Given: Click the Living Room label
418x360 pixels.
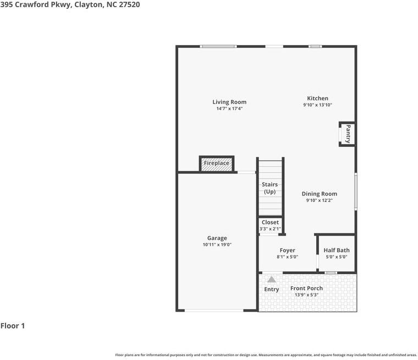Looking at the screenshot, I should pyautogui.click(x=229, y=102).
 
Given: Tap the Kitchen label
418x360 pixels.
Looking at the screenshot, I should pyautogui.click(x=317, y=99).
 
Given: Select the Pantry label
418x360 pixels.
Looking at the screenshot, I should pyautogui.click(x=348, y=134).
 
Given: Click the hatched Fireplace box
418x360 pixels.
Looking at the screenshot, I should pyautogui.click(x=217, y=163).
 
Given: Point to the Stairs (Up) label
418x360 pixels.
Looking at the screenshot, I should pyautogui.click(x=269, y=188).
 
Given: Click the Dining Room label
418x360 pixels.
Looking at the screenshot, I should pyautogui.click(x=319, y=194).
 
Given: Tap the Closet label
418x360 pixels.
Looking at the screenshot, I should pyautogui.click(x=270, y=222).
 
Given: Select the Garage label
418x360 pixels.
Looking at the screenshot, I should pyautogui.click(x=217, y=238).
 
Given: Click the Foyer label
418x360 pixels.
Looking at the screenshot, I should pyautogui.click(x=287, y=250).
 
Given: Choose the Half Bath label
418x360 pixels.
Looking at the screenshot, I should pyautogui.click(x=336, y=250).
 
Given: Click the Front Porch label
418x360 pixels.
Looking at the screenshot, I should pyautogui.click(x=306, y=288).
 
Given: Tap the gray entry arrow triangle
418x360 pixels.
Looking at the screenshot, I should pyautogui.click(x=271, y=280).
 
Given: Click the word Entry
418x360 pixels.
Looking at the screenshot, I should pyautogui.click(x=272, y=290).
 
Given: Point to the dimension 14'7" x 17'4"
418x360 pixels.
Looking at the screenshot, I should pyautogui.click(x=229, y=108).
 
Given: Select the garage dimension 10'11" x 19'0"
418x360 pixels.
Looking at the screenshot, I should pyautogui.click(x=217, y=244).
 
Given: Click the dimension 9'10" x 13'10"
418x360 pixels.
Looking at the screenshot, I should pyautogui.click(x=317, y=105).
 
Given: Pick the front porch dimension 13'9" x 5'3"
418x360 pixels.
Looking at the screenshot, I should pyautogui.click(x=306, y=295).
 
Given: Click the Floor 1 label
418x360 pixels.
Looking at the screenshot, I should pyautogui.click(x=13, y=326).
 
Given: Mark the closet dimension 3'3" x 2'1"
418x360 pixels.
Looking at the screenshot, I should pyautogui.click(x=270, y=229).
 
